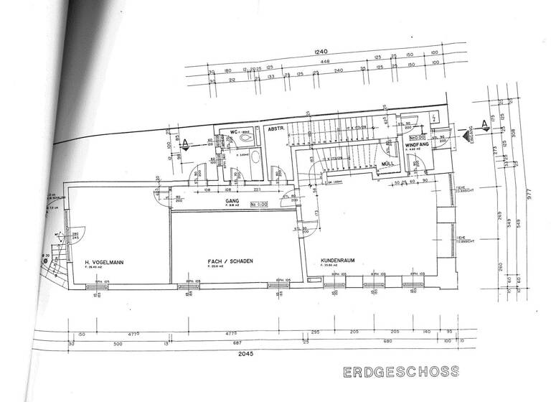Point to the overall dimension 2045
(x=237, y=353)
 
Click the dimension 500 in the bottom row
(x=118, y=342)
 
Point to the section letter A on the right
(x=485, y=125)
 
